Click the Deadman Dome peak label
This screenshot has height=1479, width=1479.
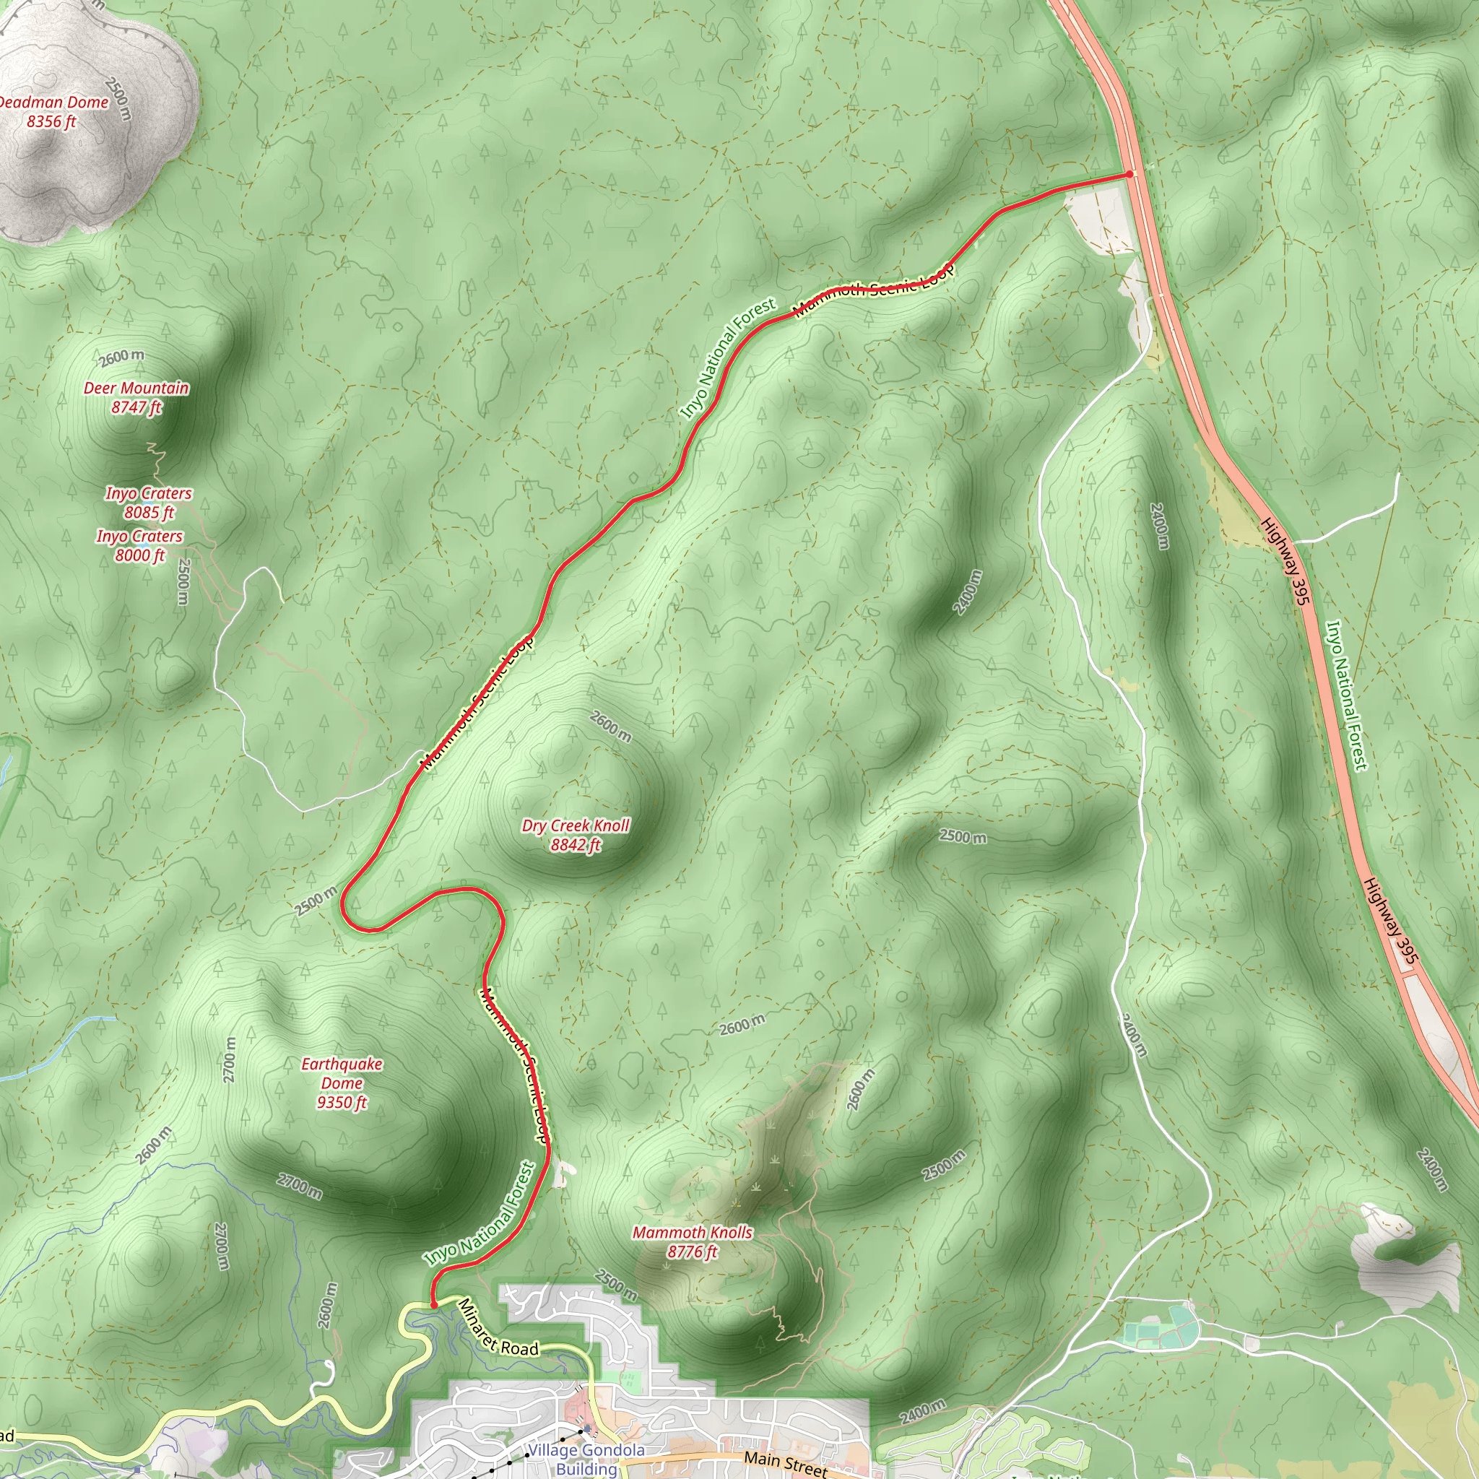[x=52, y=111]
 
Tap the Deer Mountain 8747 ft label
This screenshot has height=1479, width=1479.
[x=136, y=397]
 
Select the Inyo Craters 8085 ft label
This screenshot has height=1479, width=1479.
[x=149, y=503]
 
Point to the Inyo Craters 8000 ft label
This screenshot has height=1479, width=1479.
[x=139, y=546]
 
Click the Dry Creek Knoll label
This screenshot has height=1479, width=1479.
[x=576, y=834]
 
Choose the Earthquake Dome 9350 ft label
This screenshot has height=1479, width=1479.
[x=342, y=1083]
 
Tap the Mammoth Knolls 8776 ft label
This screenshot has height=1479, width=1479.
[x=692, y=1241]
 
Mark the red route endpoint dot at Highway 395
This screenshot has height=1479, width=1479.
[x=1129, y=175]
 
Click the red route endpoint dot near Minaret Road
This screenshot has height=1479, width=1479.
[x=434, y=1304]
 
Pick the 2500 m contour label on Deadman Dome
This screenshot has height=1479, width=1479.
[x=118, y=99]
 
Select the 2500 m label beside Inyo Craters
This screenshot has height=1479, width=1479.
[x=183, y=581]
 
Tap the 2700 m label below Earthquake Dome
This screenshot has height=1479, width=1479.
[x=299, y=1186]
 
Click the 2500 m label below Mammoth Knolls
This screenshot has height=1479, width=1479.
[x=616, y=1285]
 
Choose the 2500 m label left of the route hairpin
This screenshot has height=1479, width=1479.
[x=316, y=901]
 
